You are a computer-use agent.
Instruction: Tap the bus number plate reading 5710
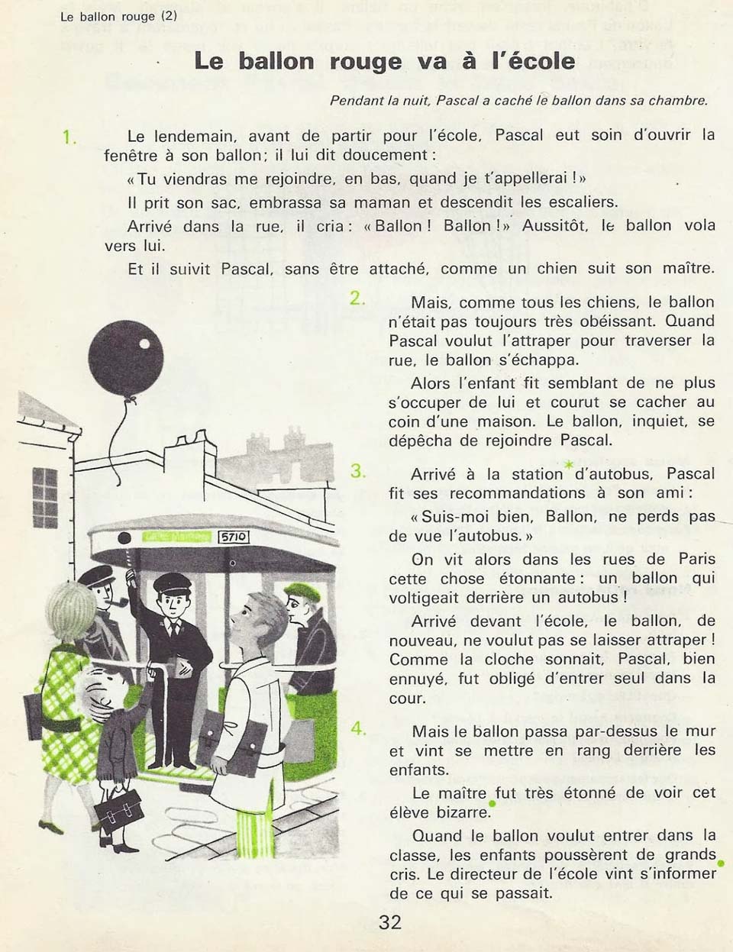point(234,537)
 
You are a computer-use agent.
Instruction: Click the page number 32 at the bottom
point(389,922)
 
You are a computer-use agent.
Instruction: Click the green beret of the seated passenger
point(303,590)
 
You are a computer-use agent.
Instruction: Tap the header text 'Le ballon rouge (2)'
point(118,15)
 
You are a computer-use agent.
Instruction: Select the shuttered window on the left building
point(45,497)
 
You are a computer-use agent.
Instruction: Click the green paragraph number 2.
point(357,299)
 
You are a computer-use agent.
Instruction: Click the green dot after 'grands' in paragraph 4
point(720,863)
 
